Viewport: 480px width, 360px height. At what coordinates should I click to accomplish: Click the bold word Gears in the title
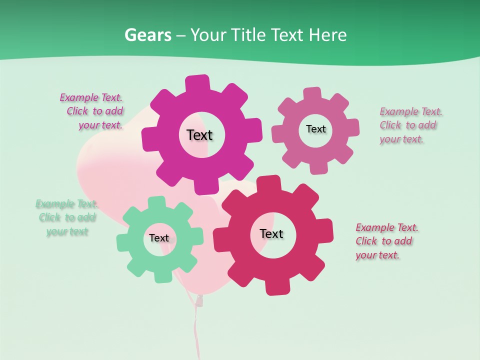(x=147, y=35)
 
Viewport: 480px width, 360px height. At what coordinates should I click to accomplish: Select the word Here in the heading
(x=327, y=35)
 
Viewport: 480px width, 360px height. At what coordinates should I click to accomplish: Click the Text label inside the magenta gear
(x=199, y=135)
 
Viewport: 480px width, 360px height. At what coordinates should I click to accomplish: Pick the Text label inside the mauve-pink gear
(x=315, y=129)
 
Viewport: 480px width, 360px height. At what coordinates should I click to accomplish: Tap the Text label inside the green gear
(x=159, y=238)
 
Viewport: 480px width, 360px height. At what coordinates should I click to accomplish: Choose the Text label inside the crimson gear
(x=271, y=233)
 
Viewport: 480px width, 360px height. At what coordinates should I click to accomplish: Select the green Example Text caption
(x=66, y=217)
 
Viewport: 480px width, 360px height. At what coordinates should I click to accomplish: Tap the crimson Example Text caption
(x=386, y=241)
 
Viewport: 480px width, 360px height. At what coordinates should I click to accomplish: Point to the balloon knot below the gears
(x=199, y=300)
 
